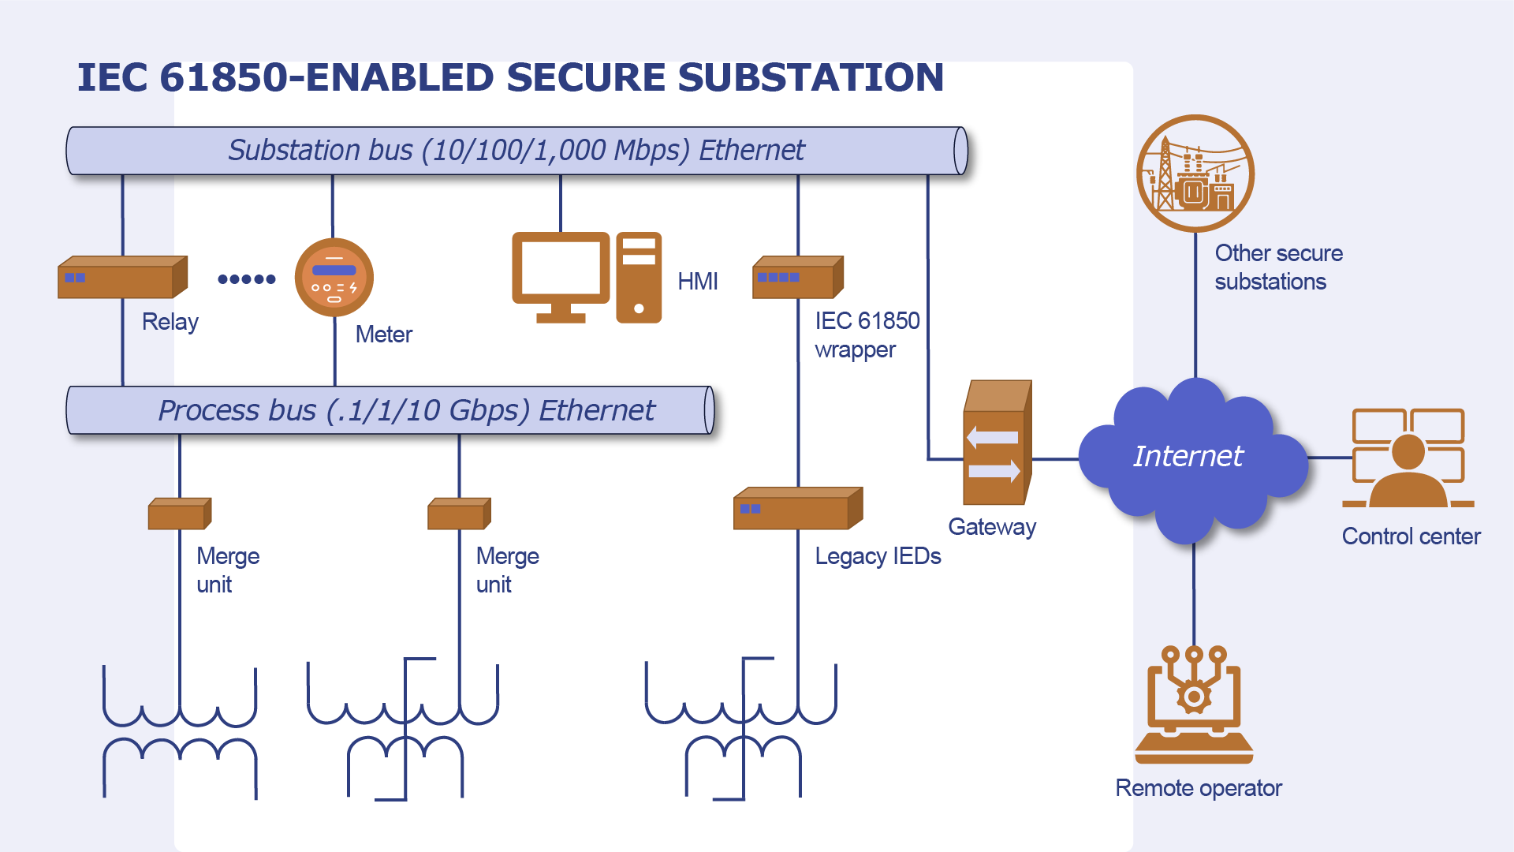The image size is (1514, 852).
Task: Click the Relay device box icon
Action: [122, 278]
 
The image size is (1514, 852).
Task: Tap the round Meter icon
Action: [334, 278]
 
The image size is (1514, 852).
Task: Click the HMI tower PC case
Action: [639, 278]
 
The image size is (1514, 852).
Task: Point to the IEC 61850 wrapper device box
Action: [797, 278]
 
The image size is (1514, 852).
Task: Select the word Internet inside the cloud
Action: [1188, 456]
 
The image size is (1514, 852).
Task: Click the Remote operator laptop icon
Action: [1194, 706]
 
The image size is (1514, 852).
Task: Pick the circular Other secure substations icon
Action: [1195, 174]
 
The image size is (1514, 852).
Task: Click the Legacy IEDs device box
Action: [797, 510]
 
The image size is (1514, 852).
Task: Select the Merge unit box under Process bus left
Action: [179, 514]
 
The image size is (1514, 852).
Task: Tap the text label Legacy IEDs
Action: [878, 556]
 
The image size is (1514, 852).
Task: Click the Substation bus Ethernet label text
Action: [516, 150]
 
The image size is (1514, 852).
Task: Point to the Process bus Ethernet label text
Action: [406, 410]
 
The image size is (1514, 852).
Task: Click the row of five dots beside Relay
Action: [247, 278]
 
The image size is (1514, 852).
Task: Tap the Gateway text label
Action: [992, 527]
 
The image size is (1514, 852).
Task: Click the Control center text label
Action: [1411, 536]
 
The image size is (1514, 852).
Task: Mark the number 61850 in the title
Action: [223, 77]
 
